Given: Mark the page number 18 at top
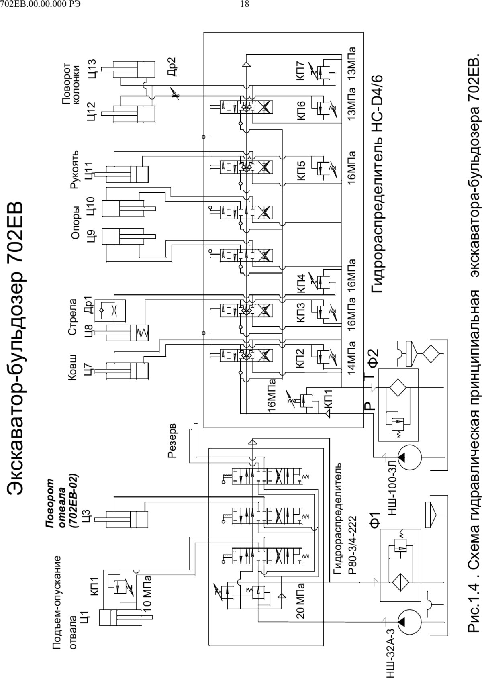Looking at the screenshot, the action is (x=244, y=4).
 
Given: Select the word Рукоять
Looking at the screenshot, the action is (x=74, y=169).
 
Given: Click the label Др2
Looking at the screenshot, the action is (x=172, y=67).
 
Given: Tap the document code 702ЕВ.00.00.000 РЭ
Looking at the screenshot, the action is (x=41, y=4).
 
